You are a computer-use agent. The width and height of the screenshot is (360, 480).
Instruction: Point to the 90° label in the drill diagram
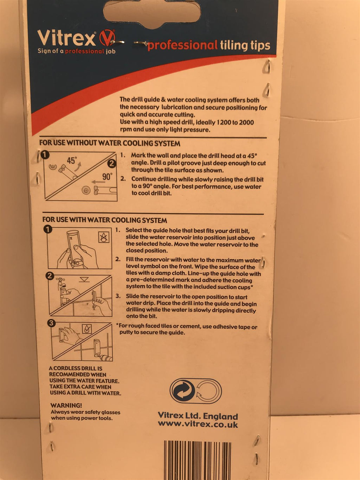tap(107, 177)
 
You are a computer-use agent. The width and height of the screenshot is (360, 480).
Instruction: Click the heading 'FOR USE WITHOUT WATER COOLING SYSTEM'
tap(110, 143)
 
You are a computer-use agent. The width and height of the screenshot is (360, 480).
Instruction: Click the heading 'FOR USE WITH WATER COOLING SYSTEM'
tap(105, 220)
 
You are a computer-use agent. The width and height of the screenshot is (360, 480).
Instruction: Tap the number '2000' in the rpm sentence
tap(246, 122)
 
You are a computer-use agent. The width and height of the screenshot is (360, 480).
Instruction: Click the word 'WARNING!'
tap(66, 405)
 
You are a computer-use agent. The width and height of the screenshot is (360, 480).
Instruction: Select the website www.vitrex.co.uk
tap(198, 424)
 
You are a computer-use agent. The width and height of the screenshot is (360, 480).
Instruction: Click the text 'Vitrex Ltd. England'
tap(198, 416)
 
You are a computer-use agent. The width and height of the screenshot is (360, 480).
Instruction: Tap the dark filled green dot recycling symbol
tap(183, 391)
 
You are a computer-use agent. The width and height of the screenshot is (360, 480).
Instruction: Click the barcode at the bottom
tap(198, 460)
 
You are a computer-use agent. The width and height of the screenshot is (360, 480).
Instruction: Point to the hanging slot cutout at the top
tap(152, 13)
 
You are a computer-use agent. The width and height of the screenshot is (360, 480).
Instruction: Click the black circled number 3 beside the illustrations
tap(51, 323)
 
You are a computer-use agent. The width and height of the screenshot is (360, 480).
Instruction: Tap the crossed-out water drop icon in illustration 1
tap(104, 237)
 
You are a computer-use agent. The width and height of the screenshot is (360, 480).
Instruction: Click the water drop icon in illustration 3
tap(87, 329)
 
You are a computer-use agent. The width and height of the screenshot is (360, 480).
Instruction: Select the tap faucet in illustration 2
tap(60, 283)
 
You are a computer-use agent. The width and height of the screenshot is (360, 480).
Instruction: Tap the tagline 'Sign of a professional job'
tap(77, 51)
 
